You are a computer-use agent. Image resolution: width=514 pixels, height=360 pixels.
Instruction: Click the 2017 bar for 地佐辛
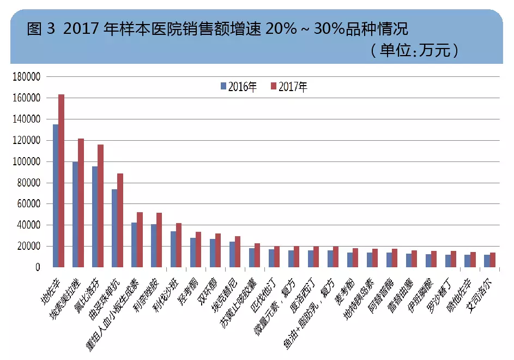[62, 181]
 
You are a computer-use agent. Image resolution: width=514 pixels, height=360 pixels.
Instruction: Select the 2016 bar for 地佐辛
[56, 196]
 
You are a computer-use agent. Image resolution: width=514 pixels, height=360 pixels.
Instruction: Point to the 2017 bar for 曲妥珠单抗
[120, 220]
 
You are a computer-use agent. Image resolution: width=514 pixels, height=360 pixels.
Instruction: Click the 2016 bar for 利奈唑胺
[154, 245]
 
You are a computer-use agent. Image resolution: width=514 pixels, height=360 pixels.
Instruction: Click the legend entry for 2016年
[239, 86]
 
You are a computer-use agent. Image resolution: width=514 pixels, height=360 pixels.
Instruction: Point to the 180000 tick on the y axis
[26, 77]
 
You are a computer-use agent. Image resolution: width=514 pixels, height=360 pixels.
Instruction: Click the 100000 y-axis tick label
[26, 161]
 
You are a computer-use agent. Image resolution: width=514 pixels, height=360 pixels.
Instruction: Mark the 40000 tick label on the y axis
[28, 225]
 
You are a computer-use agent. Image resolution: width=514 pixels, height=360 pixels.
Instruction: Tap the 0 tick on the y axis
[38, 267]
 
